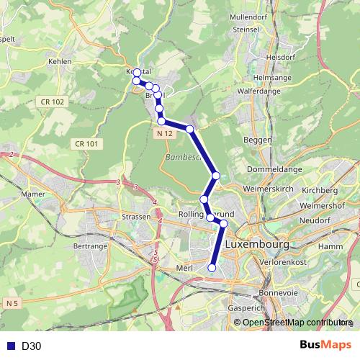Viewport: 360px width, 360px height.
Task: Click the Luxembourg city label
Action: pos(257,245)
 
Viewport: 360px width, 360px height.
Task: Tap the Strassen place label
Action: pos(135,216)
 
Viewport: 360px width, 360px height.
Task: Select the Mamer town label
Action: pos(33,194)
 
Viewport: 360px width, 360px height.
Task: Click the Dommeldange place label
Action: pos(268,170)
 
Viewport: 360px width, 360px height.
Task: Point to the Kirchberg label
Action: pos(318,190)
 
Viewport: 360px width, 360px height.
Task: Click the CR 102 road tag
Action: pos(53,102)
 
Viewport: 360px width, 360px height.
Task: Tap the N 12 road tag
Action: pos(164,134)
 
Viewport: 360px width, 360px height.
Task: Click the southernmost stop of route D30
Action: pos(212,268)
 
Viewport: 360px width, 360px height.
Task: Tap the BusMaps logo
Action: pos(325,346)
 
